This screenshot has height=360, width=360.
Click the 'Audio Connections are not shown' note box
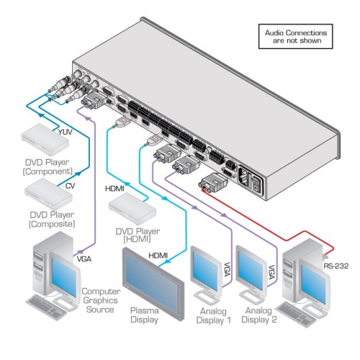(295, 37)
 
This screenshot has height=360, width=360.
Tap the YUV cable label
(66, 132)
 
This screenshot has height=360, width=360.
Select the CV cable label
(70, 186)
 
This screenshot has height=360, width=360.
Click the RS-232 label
(336, 266)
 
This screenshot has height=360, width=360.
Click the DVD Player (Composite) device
(48, 193)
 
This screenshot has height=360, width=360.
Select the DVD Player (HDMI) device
(132, 209)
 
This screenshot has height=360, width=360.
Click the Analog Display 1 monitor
(206, 275)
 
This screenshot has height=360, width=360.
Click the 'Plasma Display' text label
(144, 315)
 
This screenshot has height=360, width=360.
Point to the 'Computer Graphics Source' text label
(101, 300)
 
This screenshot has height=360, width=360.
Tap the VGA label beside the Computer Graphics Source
(84, 259)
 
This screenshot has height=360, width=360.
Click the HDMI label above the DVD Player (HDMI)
(114, 189)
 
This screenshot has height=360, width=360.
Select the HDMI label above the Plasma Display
(158, 256)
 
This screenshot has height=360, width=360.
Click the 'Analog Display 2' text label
(259, 315)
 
